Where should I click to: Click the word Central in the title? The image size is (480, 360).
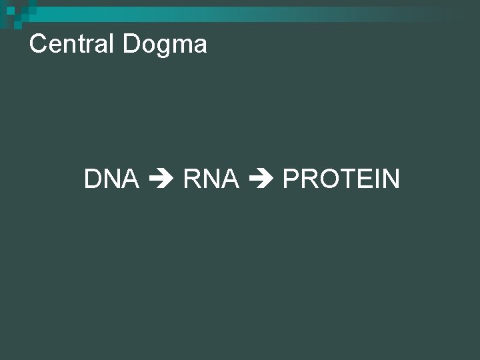coord(73,45)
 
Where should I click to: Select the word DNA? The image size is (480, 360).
coord(111,179)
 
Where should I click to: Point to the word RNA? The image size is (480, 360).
coord(211,179)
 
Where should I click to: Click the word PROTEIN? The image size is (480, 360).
coord(341,179)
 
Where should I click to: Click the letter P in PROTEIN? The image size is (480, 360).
coord(291,179)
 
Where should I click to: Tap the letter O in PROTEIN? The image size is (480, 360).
coord(326,179)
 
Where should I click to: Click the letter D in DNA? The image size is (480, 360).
coord(93,179)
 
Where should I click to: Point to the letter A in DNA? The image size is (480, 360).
coord(130,179)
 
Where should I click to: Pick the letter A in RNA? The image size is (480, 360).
coord(230,179)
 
